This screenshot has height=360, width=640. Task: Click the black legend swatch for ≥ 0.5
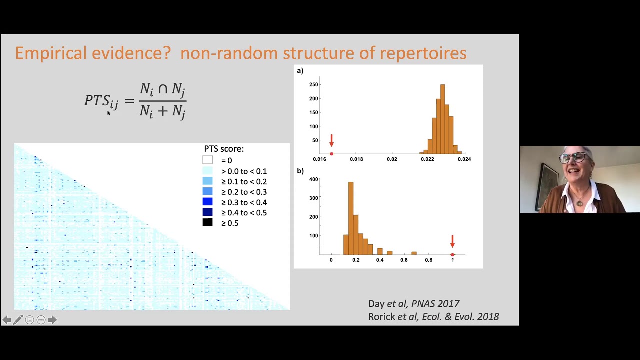[x=207, y=223]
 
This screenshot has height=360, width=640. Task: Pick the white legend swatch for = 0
[x=207, y=160]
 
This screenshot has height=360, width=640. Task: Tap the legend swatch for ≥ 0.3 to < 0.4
[x=207, y=202]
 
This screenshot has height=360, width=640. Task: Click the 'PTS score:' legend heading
[x=224, y=149]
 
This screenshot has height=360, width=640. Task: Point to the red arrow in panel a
[x=331, y=141]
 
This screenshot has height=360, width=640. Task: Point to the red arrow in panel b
[x=452, y=242]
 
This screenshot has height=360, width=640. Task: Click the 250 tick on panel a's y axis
[x=313, y=85]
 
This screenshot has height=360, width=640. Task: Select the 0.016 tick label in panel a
[x=320, y=159]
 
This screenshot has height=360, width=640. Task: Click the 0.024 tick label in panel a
[x=464, y=159]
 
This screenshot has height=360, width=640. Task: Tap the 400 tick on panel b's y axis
[x=313, y=179]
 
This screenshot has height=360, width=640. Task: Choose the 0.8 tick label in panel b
[x=428, y=260]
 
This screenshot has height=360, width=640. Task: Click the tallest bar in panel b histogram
[x=351, y=218]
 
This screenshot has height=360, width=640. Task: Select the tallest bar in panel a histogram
[x=442, y=119]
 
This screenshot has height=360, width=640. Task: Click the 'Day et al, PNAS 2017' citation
[x=413, y=304]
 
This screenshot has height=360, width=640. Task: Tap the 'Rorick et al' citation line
[x=433, y=317]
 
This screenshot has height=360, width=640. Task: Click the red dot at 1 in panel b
[x=453, y=255]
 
